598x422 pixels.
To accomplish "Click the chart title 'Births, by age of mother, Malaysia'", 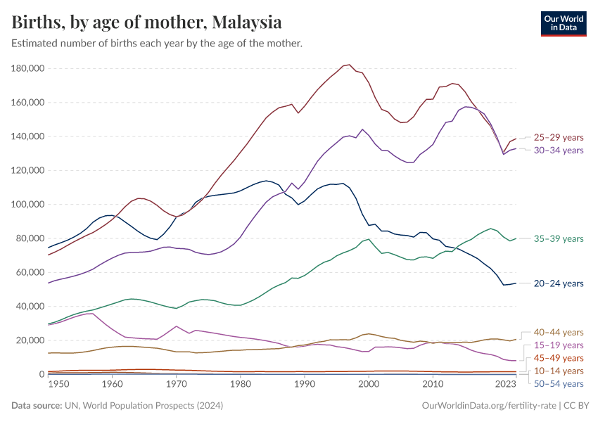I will pyautogui.click(x=147, y=23).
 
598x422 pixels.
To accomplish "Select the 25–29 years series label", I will pyautogui.click(x=559, y=137).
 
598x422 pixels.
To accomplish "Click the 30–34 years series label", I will pyautogui.click(x=559, y=150).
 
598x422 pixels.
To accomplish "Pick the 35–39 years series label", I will pyautogui.click(x=559, y=239).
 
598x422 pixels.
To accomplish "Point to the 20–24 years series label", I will pyautogui.click(x=559, y=283).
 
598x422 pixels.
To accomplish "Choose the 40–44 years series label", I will pyautogui.click(x=559, y=332).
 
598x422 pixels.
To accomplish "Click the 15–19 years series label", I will pyautogui.click(x=559, y=345).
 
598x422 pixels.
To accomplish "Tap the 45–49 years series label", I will pyautogui.click(x=559, y=358).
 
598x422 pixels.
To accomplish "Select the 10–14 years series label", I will pyautogui.click(x=559, y=371).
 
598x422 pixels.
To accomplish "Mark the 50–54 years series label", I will pyautogui.click(x=559, y=383).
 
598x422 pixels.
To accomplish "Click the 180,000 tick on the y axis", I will pyautogui.click(x=29, y=68).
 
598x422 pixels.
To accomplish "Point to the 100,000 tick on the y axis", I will pyautogui.click(x=29, y=205).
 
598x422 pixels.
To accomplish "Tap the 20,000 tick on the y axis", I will pyautogui.click(x=31, y=340).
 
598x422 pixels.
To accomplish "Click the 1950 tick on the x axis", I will pyautogui.click(x=58, y=385).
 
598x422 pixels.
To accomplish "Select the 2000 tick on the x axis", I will pyautogui.click(x=369, y=385).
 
